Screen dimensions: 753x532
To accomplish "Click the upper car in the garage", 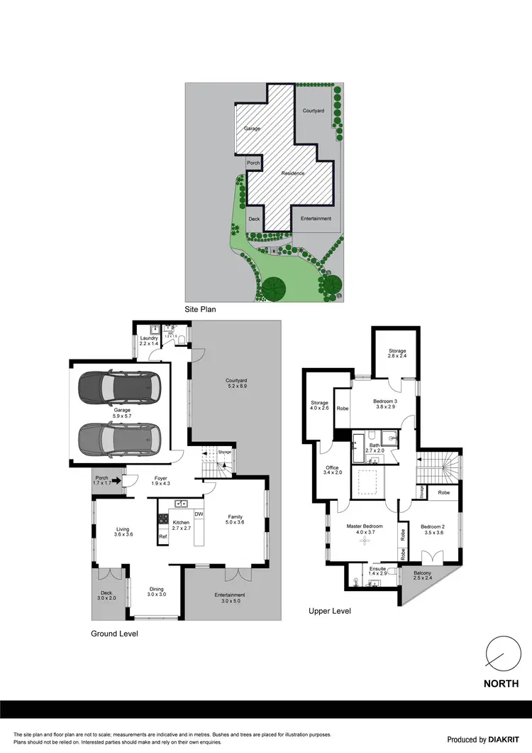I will click(120, 387).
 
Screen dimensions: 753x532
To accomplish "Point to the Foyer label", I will click(160, 482).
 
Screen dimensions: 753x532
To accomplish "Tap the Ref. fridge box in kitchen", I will click(162, 536).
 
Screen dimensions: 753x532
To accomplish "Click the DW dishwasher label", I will click(199, 514).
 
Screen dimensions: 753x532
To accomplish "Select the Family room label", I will click(235, 520).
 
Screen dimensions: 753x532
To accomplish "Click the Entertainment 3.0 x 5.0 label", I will click(230, 598).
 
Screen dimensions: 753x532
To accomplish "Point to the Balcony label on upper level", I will click(423, 576).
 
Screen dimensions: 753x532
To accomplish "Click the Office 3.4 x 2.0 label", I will click(332, 471).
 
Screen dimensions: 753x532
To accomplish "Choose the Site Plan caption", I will click(200, 309).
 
